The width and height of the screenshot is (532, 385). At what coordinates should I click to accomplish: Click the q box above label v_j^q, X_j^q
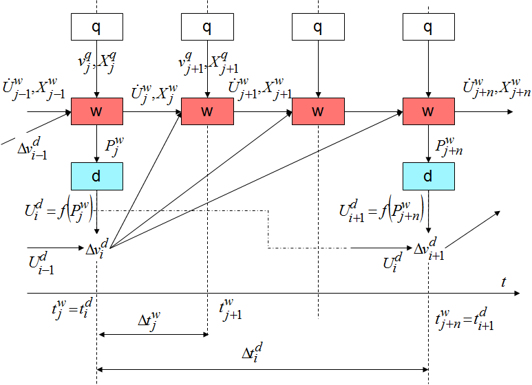point(97,27)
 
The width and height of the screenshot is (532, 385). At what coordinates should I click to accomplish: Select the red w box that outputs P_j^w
point(97,111)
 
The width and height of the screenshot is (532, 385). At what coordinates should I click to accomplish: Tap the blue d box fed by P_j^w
point(97,177)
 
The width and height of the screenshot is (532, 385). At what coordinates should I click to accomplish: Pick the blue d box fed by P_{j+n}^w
point(428,177)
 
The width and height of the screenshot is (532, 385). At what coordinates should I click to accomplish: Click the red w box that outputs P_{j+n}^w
point(428,111)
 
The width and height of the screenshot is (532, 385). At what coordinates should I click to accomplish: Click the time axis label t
point(504,282)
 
